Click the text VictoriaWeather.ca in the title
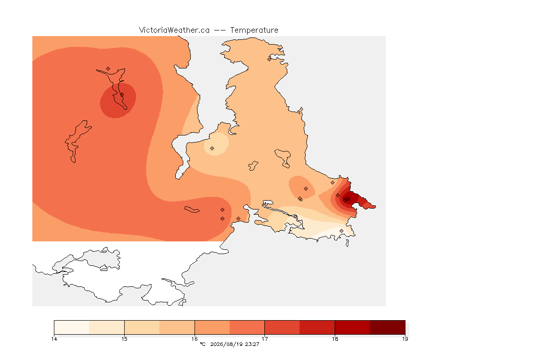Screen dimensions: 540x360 pos(174,30)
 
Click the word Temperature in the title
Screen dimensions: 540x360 pos(254,30)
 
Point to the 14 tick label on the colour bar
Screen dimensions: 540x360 pos(54,339)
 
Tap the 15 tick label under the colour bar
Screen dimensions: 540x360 pos(124,339)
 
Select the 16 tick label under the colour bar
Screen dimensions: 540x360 pos(195,339)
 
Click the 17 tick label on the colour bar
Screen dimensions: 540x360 pos(264,339)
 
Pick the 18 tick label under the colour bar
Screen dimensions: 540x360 pos(335,339)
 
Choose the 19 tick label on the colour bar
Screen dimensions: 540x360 pos(405,339)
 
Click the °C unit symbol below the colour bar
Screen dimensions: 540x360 pos(202,344)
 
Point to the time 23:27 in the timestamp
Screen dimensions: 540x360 pos(252,344)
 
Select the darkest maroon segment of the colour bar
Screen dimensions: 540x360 pos(388,327)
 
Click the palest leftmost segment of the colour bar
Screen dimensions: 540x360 pos(72,327)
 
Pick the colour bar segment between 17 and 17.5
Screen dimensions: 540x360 pos(282,327)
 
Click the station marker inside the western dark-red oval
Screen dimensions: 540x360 pos(122,95)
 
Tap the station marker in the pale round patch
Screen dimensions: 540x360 pos(212,149)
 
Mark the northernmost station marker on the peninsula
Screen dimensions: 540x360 pos(270,59)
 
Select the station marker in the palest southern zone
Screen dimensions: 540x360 pos(341,231)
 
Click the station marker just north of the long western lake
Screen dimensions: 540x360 pos(108,69)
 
